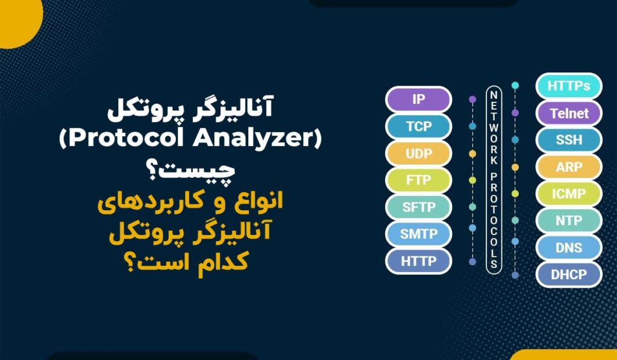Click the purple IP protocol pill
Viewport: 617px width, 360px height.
coord(418,99)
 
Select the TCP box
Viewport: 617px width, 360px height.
coord(418,127)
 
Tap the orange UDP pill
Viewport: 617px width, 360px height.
coord(418,154)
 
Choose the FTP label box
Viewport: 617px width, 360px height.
coord(418,180)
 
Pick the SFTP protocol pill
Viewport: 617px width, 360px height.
coord(418,207)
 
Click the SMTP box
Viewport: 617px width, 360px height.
coord(418,234)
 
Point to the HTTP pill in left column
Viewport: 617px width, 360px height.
coord(418,261)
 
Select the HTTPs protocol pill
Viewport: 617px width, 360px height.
coord(568,86)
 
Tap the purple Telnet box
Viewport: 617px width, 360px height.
coord(568,113)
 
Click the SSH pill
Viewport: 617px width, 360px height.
coord(568,140)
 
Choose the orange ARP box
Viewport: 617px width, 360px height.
coord(568,167)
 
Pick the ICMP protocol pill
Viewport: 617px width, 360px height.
coord(568,194)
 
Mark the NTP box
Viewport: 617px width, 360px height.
coord(568,221)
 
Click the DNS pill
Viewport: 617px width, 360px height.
coord(568,247)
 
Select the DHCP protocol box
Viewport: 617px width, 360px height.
coord(568,274)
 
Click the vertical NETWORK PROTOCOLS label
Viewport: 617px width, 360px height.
coord(493,180)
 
